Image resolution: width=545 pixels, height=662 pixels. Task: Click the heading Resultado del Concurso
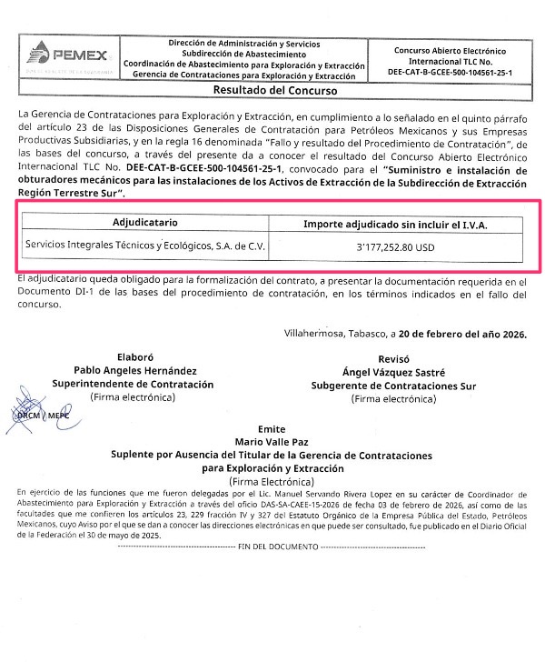(x=274, y=91)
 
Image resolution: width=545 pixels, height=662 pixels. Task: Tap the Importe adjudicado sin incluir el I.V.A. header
(x=402, y=222)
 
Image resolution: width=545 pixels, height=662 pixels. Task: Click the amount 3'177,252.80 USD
(x=402, y=246)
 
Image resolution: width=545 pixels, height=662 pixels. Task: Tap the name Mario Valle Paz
(x=271, y=441)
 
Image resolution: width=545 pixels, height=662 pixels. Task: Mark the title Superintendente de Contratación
(x=144, y=384)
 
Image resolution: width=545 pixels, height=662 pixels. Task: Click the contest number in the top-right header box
(x=450, y=70)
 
